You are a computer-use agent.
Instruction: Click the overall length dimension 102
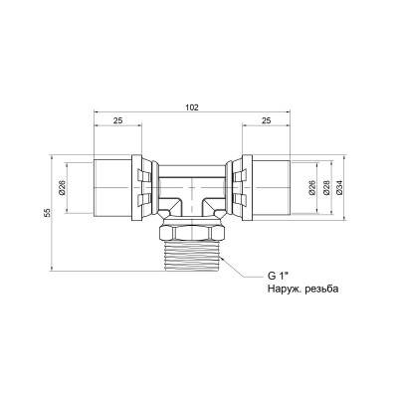(192, 107)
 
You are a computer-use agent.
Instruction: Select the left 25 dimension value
(118, 120)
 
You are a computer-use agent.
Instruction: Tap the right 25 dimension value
(267, 120)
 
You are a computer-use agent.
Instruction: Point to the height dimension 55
(48, 213)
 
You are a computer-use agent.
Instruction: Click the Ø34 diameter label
(339, 188)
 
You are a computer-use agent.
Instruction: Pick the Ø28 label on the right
(325, 188)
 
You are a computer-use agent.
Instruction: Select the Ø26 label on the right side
(311, 188)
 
